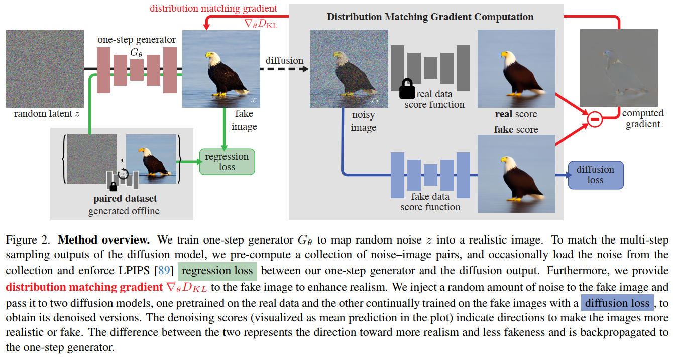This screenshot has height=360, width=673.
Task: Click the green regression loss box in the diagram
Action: coord(227,162)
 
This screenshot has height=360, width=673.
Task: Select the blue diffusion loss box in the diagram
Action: coord(595,175)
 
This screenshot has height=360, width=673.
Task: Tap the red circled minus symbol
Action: coord(595,119)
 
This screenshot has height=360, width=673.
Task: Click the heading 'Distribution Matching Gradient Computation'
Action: coord(430,17)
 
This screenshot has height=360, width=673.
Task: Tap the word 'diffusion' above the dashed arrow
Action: coord(284,61)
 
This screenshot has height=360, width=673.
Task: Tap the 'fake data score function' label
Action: coord(430,202)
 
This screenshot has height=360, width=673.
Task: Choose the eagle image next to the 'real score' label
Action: coord(516,69)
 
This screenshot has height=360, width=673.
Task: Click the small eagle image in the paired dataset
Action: coord(151,158)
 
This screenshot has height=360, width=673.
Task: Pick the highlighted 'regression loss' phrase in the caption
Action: coord(217,271)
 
